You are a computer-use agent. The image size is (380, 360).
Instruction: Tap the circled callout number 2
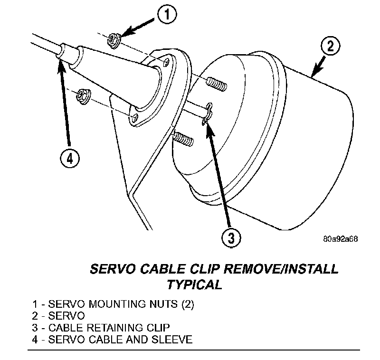pyautogui.click(x=330, y=47)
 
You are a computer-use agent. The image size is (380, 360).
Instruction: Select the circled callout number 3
pyautogui.click(x=230, y=237)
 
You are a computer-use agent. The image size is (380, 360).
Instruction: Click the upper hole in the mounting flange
pyautogui.click(x=166, y=62)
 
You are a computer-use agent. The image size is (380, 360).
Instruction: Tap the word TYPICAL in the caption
pyautogui.click(x=194, y=284)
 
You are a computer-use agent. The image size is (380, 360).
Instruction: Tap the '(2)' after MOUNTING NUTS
pyautogui.click(x=187, y=303)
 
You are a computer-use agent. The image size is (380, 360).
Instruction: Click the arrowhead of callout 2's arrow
pyautogui.click(x=313, y=74)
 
